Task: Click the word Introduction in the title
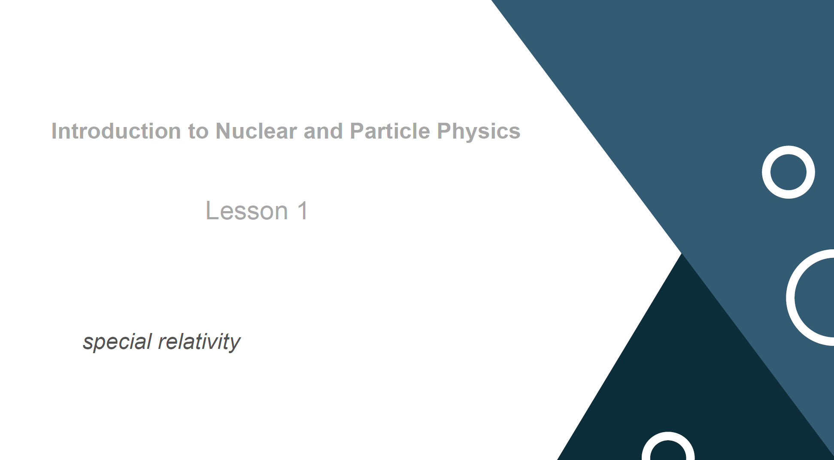(116, 131)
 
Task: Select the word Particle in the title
(390, 131)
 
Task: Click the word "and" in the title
(323, 131)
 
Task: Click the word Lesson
(247, 211)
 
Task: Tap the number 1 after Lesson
(303, 211)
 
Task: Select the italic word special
(117, 342)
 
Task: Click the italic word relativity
(199, 342)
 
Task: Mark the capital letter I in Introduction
(54, 131)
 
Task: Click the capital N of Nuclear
(223, 131)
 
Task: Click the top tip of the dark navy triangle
(681, 254)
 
